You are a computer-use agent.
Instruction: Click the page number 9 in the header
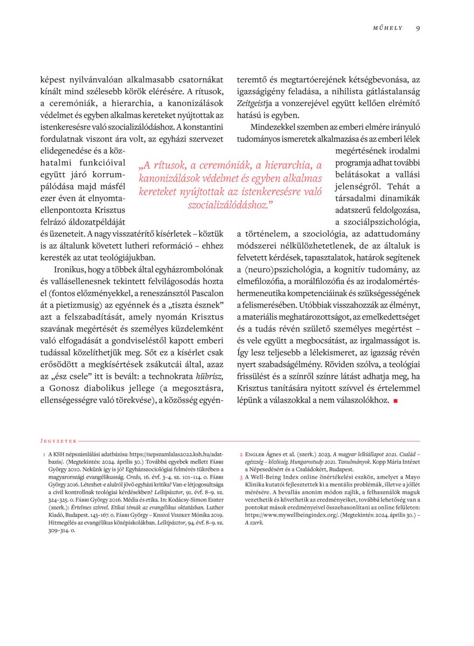[418, 28]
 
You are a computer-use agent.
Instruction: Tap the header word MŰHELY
[388, 28]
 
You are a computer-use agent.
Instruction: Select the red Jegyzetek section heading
[59, 440]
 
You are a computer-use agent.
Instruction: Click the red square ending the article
[395, 401]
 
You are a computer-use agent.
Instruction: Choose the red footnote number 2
[241, 455]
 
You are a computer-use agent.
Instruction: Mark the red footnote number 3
[241, 478]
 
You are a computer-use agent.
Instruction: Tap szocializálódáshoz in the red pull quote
[231, 205]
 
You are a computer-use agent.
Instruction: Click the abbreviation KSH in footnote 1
[60, 455]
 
